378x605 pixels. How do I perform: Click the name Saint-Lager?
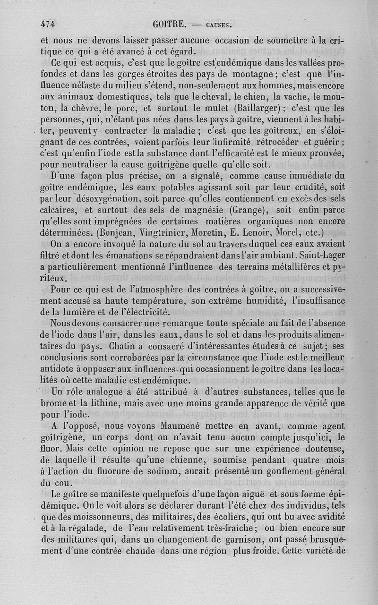(x=319, y=255)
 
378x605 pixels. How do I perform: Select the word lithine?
(x=108, y=403)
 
